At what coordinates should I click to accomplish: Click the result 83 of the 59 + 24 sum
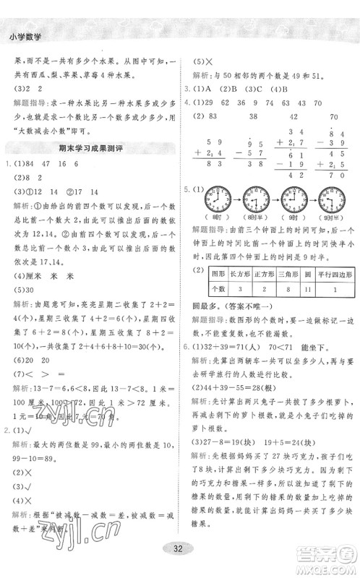click(x=213, y=165)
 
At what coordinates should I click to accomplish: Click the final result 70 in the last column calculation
click(x=333, y=173)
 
